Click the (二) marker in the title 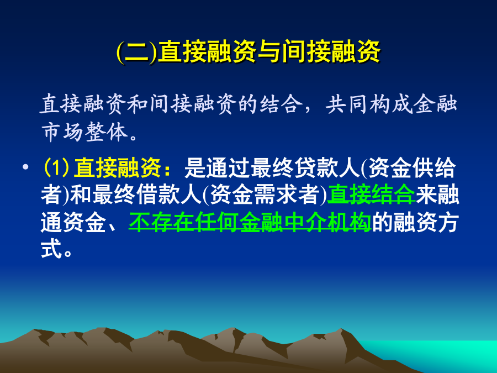(136, 51)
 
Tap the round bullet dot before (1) (25, 166)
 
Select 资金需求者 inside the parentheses (265, 195)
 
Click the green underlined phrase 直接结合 (371, 195)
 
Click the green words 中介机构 (327, 222)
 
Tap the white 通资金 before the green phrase (73, 222)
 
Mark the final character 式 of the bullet (51, 249)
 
